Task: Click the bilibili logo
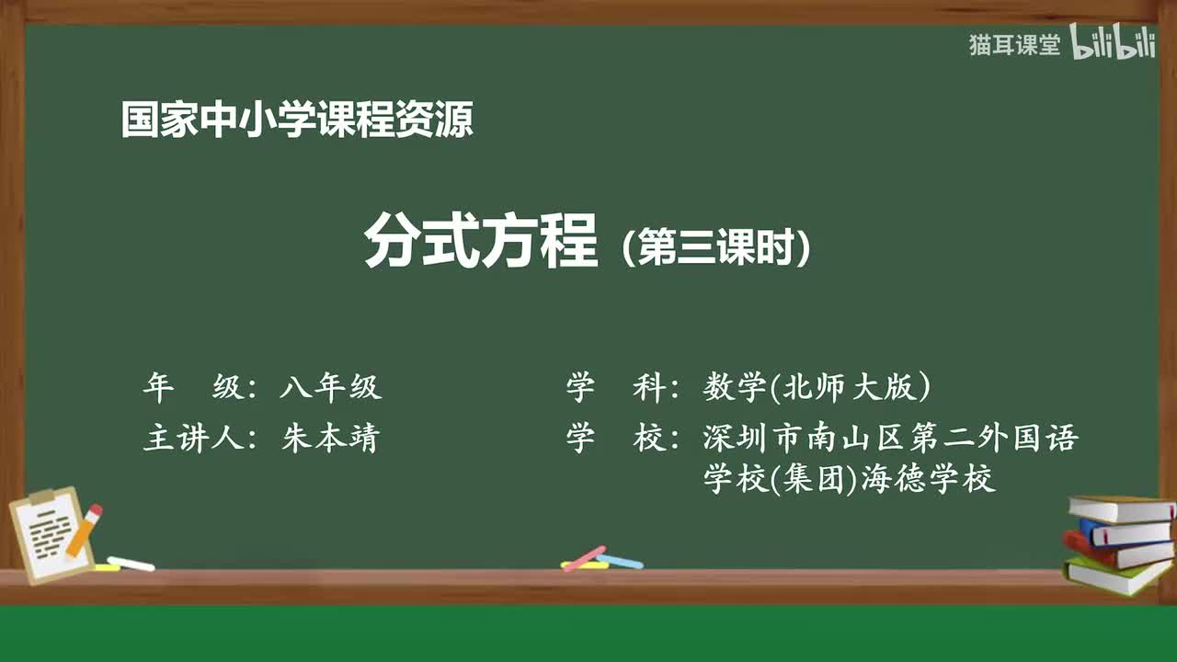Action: (1113, 43)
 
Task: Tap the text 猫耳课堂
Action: (1014, 45)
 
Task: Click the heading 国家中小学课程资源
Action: (297, 120)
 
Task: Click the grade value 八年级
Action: (330, 388)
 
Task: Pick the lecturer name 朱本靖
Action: (330, 439)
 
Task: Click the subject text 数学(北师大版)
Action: (817, 388)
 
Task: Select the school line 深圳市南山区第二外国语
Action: (889, 438)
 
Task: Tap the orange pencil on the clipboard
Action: (84, 530)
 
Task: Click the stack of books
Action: (1118, 542)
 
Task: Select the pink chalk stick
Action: (584, 558)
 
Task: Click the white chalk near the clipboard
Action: (131, 564)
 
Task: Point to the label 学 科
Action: (616, 388)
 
